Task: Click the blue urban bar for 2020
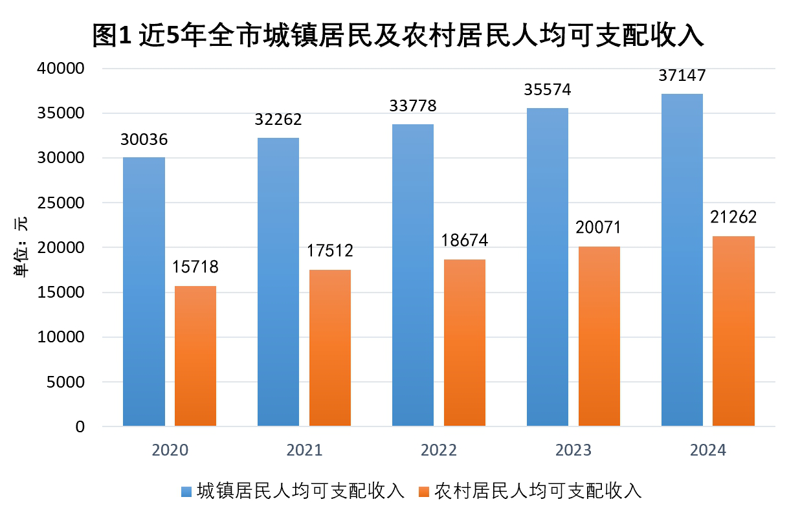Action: click(x=144, y=291)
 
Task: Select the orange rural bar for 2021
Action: click(x=329, y=348)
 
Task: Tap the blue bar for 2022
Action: click(x=413, y=275)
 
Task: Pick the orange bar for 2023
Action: click(x=599, y=336)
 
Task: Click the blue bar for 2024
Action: click(x=682, y=260)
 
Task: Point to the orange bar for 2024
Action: click(x=733, y=331)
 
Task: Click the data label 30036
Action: click(x=144, y=140)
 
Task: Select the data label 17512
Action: click(x=329, y=252)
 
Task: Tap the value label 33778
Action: click(x=413, y=105)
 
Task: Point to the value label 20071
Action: click(x=599, y=228)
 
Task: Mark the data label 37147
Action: click(x=682, y=76)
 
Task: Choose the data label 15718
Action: click(x=195, y=267)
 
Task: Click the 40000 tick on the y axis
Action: click(x=63, y=69)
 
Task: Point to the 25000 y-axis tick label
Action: click(x=63, y=203)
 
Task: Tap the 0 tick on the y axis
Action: click(x=79, y=426)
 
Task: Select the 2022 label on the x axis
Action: click(x=438, y=450)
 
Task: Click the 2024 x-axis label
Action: click(x=707, y=450)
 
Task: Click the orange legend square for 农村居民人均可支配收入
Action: click(x=425, y=491)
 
